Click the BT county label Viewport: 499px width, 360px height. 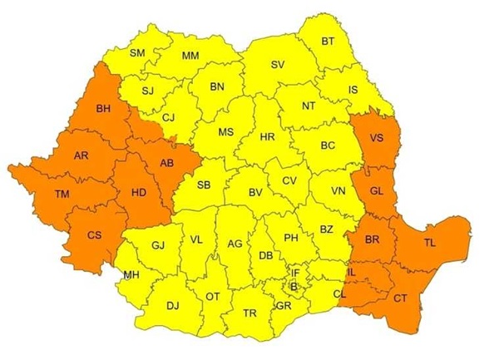(x=328, y=42)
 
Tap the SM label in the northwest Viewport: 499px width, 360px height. (x=136, y=53)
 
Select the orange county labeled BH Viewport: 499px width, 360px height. (x=103, y=109)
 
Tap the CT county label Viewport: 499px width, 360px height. (x=401, y=298)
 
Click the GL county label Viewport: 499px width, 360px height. (x=377, y=190)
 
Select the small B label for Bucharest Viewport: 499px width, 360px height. (x=293, y=287)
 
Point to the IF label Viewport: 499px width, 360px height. (x=294, y=272)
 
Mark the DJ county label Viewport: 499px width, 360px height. (x=172, y=306)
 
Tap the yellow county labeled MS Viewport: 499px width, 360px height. (x=225, y=131)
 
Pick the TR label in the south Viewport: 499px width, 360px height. (x=249, y=313)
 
